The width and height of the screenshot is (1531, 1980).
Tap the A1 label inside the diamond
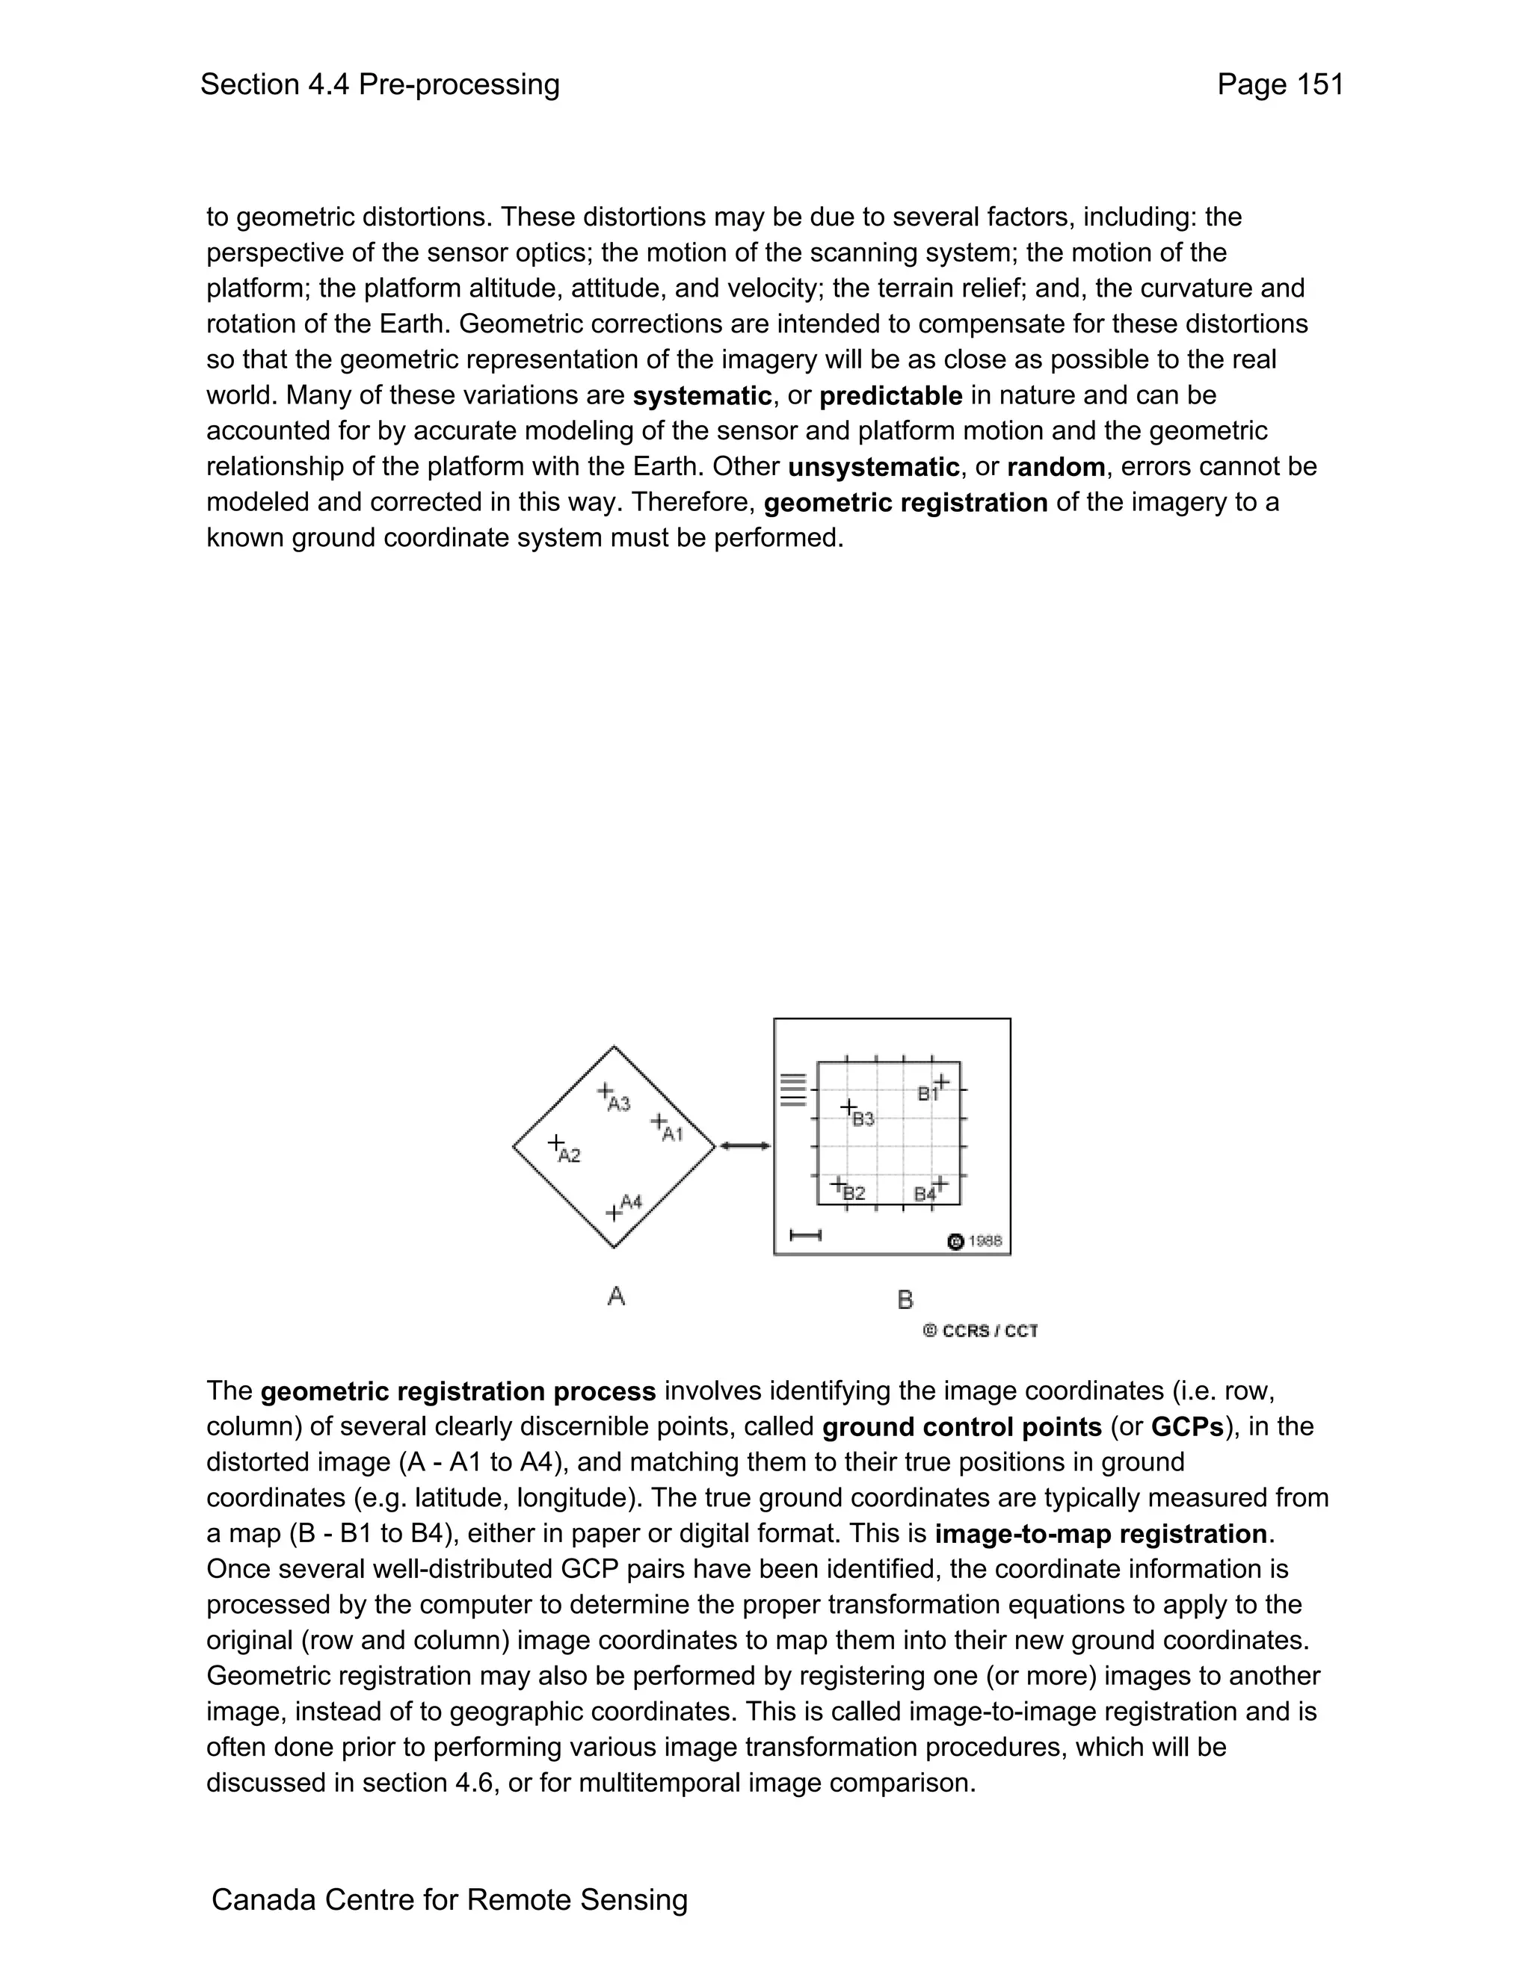coord(672,1134)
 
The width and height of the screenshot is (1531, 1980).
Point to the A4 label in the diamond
coord(631,1201)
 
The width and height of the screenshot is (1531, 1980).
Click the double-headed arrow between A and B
coord(745,1146)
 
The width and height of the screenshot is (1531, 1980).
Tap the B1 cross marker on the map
coord(943,1082)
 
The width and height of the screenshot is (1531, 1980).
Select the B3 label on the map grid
coord(863,1120)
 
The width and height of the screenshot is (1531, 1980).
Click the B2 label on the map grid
coord(854,1194)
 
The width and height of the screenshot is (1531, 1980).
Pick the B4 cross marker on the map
coord(940,1183)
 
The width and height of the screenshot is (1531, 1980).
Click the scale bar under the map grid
coord(805,1235)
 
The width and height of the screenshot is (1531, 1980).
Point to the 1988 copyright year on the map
coord(985,1241)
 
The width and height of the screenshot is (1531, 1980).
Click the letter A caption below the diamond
coord(616,1296)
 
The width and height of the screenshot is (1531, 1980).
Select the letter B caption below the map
coord(905,1300)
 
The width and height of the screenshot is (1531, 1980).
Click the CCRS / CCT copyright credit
coord(981,1331)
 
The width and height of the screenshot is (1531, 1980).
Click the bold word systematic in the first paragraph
coord(702,396)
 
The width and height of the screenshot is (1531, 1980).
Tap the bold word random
coord(1056,467)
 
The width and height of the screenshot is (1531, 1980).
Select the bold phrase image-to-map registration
coord(1101,1534)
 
